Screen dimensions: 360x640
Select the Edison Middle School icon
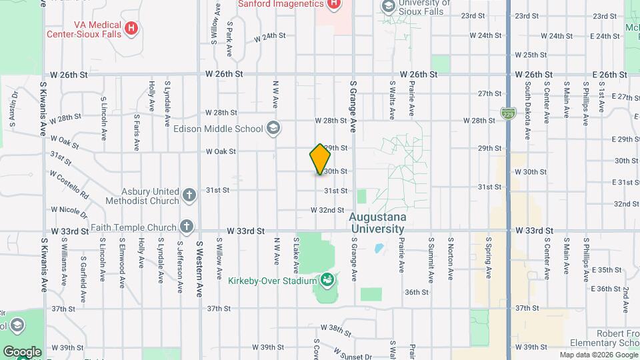[273, 128]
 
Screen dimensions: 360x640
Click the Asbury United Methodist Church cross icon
[189, 195]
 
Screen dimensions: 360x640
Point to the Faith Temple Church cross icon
[187, 227]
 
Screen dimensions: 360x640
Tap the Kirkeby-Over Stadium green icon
[327, 280]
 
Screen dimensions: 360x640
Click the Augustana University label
[377, 223]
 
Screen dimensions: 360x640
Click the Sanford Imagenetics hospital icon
[333, 4]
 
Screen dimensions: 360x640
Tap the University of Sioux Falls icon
[388, 6]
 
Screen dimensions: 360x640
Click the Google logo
[22, 351]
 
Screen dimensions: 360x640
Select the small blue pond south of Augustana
[379, 249]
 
